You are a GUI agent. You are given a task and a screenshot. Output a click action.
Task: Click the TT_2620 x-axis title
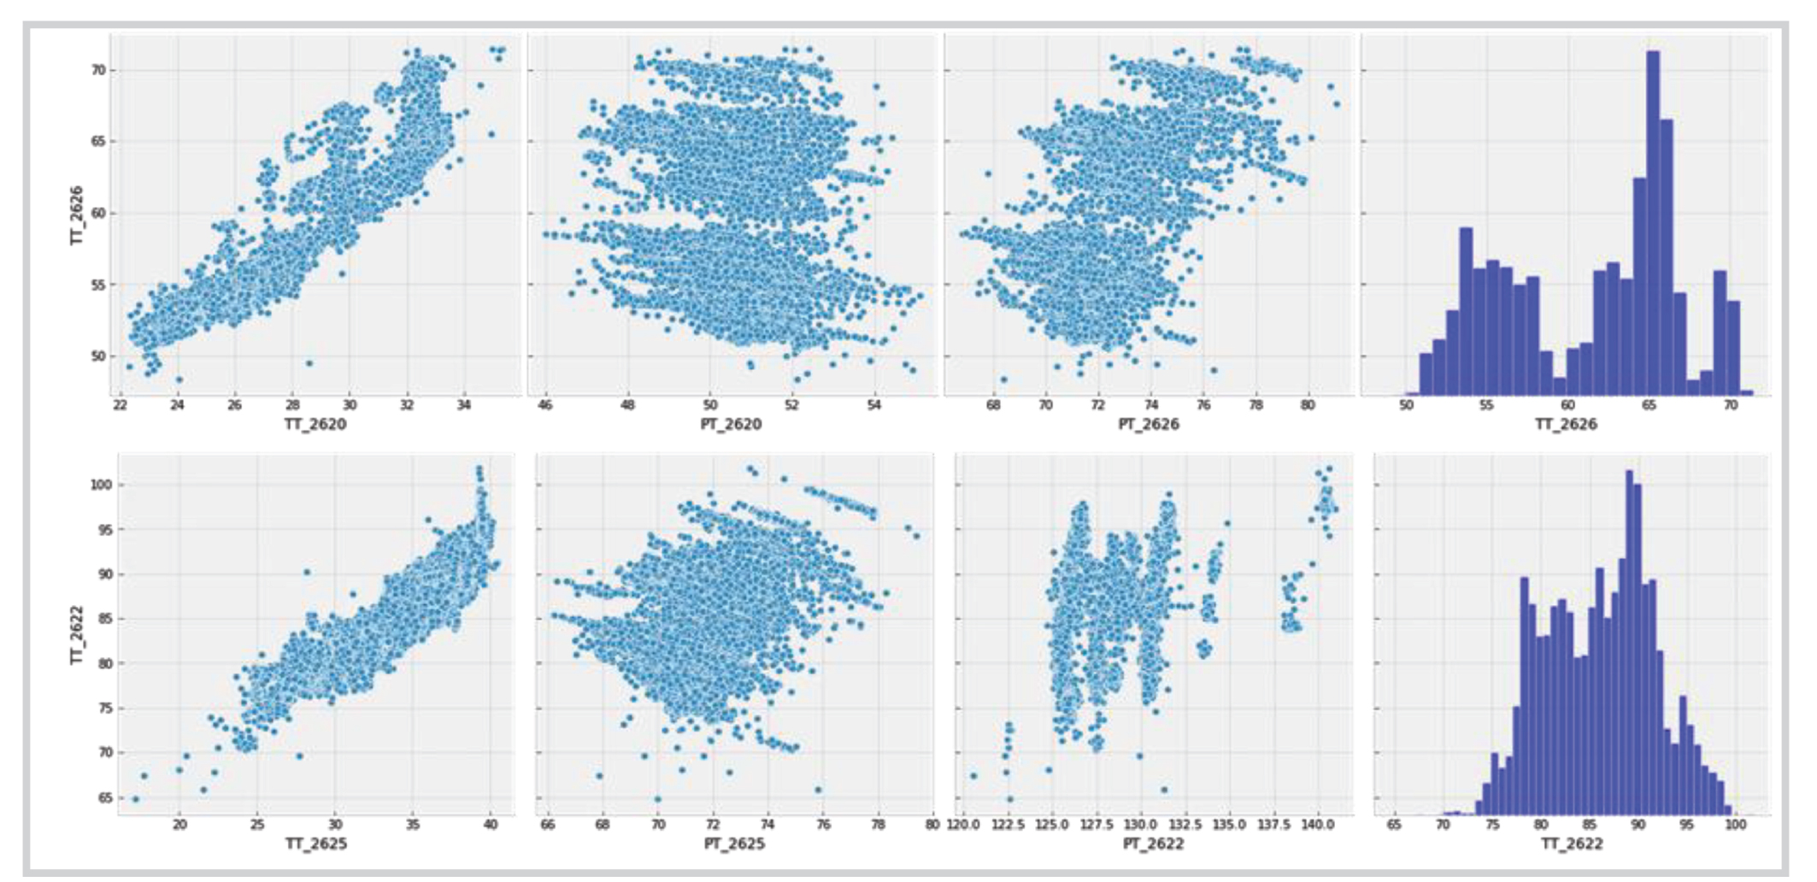pyautogui.click(x=315, y=424)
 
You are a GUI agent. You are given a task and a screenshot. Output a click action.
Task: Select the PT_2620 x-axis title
pyautogui.click(x=731, y=424)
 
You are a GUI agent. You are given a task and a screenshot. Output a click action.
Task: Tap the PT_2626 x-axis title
pyautogui.click(x=1149, y=424)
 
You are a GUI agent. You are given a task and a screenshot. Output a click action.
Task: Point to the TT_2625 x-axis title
pyautogui.click(x=315, y=844)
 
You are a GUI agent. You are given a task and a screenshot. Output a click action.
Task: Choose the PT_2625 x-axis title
pyautogui.click(x=734, y=844)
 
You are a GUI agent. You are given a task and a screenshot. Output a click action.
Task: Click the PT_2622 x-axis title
pyautogui.click(x=1153, y=844)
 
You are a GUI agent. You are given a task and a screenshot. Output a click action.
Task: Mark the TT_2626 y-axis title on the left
pyautogui.click(x=77, y=215)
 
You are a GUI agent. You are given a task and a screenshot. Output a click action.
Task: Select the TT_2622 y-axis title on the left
pyautogui.click(x=77, y=635)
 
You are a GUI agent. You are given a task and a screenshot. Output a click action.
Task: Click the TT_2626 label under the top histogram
pyautogui.click(x=1566, y=424)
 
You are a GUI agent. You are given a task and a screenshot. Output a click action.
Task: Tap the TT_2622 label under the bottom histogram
pyautogui.click(x=1572, y=844)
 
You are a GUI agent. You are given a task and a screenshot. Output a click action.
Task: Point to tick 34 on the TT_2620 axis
pyautogui.click(x=464, y=405)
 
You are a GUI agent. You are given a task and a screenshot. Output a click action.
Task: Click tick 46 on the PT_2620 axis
pyautogui.click(x=545, y=405)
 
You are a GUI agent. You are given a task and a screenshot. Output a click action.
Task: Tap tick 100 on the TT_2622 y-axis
pyautogui.click(x=101, y=485)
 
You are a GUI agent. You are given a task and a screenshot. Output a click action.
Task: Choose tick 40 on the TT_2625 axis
pyautogui.click(x=491, y=825)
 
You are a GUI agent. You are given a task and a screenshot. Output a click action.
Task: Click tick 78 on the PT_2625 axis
pyautogui.click(x=878, y=825)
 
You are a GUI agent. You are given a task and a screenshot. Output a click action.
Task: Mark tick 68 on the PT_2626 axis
pyautogui.click(x=993, y=405)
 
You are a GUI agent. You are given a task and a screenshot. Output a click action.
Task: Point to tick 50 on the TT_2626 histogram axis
pyautogui.click(x=1406, y=405)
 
